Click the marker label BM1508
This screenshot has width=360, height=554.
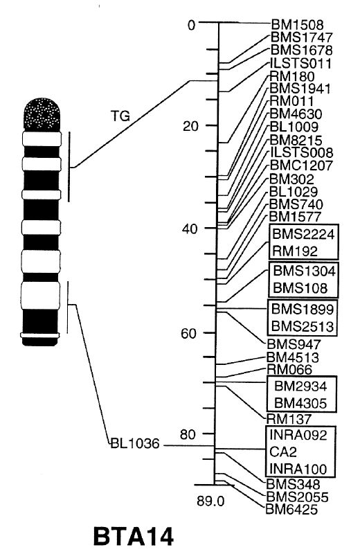[x=298, y=25]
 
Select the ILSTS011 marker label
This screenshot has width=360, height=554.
[x=300, y=64]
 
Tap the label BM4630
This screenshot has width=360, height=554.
[x=296, y=114]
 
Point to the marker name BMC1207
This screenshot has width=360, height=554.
[x=301, y=165]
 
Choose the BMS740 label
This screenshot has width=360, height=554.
[x=296, y=204]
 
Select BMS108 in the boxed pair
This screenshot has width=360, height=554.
[x=300, y=288]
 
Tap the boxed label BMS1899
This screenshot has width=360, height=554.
[x=303, y=309]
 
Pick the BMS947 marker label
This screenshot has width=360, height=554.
[x=294, y=344]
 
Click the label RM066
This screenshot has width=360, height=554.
[x=289, y=370]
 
